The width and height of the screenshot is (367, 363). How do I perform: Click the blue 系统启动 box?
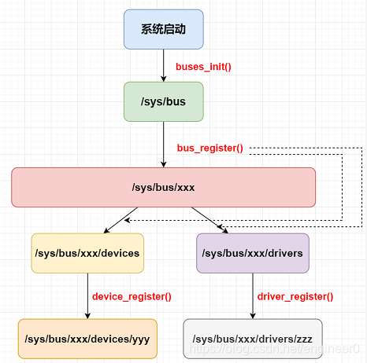(x=163, y=30)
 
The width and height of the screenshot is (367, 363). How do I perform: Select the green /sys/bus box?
(x=163, y=101)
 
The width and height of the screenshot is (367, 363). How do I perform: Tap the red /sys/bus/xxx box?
(x=163, y=187)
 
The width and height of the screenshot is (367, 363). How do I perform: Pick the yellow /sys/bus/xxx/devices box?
(x=87, y=253)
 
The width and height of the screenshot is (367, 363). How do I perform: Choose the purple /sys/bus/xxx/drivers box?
(x=252, y=253)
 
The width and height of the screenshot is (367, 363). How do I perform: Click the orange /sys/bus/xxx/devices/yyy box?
(x=87, y=339)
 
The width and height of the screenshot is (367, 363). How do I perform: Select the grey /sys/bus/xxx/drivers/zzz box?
(x=252, y=339)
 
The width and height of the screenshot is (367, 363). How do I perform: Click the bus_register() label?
(x=209, y=147)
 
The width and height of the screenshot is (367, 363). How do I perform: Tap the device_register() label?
(x=132, y=296)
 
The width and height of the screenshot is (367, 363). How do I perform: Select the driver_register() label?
(x=295, y=296)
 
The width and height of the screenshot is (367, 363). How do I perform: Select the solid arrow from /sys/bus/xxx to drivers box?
(x=209, y=219)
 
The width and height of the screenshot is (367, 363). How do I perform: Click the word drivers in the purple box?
(x=285, y=253)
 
